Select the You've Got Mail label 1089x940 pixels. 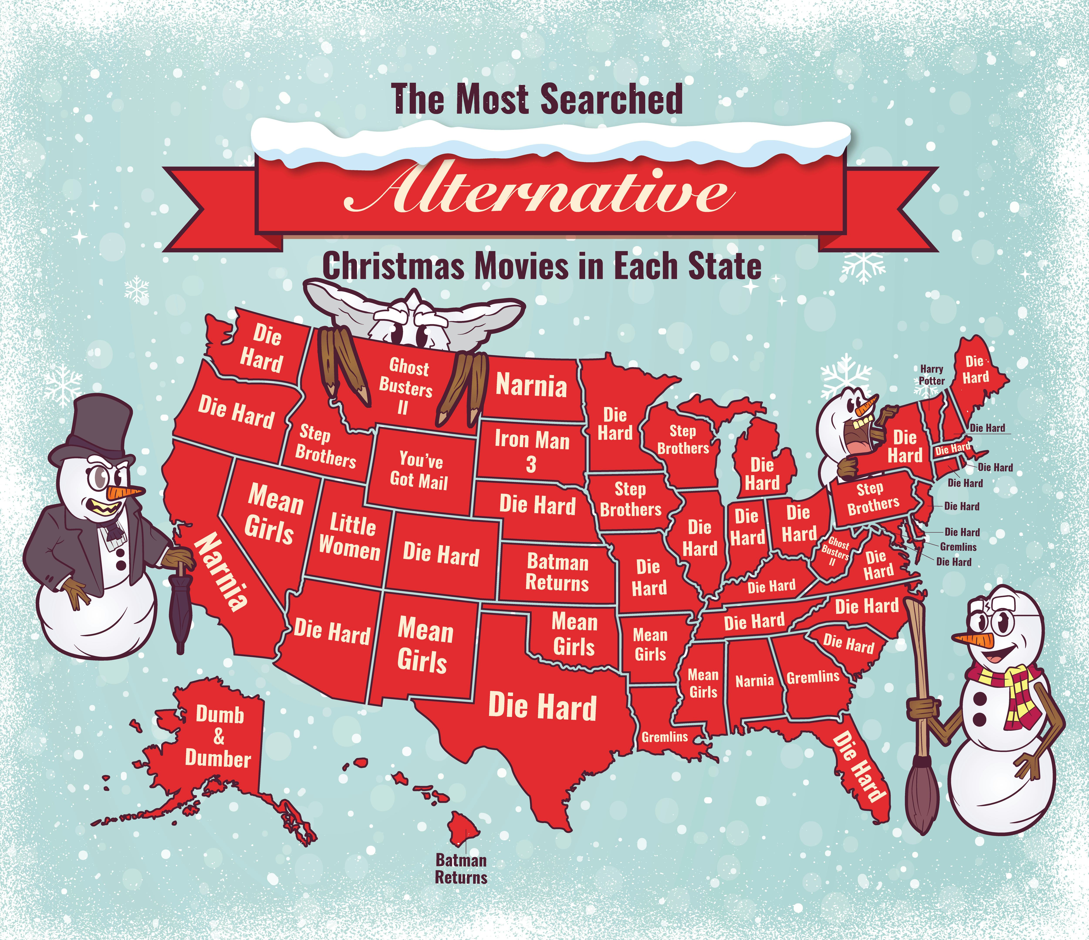[x=419, y=470]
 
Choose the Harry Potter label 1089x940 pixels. [x=931, y=375]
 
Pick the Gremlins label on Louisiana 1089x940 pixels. [x=664, y=737]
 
